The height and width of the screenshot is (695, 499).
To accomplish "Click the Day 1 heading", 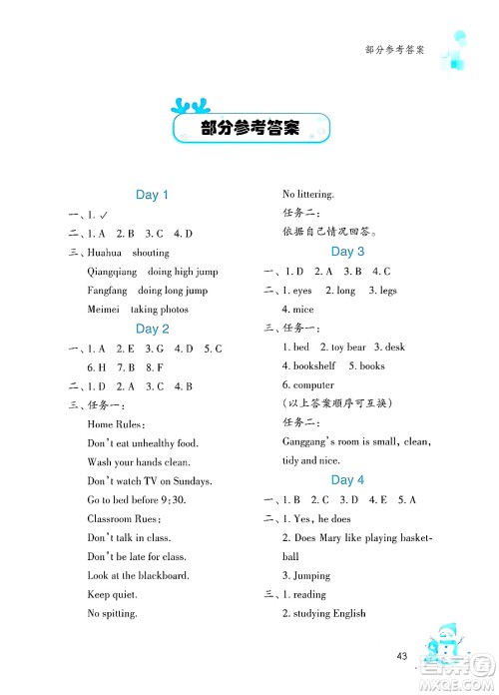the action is pyautogui.click(x=152, y=196).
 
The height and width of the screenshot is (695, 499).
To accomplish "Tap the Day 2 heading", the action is pyautogui.click(x=152, y=329).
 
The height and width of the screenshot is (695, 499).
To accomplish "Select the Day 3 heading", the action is pyautogui.click(x=347, y=252).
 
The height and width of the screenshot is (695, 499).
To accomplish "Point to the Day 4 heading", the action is pyautogui.click(x=347, y=480).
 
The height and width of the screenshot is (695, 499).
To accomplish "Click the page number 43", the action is pyautogui.click(x=402, y=656).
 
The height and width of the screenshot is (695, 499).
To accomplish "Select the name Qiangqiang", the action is pyautogui.click(x=111, y=272).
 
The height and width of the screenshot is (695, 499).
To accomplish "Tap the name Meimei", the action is pyautogui.click(x=104, y=310).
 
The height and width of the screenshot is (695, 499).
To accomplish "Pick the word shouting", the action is pyautogui.click(x=151, y=253).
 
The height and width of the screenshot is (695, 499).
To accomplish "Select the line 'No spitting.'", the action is pyautogui.click(x=113, y=613).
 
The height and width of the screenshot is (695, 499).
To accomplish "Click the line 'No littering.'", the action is pyautogui.click(x=308, y=194).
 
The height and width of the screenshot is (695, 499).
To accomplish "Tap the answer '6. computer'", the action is pyautogui.click(x=307, y=384).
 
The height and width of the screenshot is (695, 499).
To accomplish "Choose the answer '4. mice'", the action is pyautogui.click(x=297, y=310).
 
